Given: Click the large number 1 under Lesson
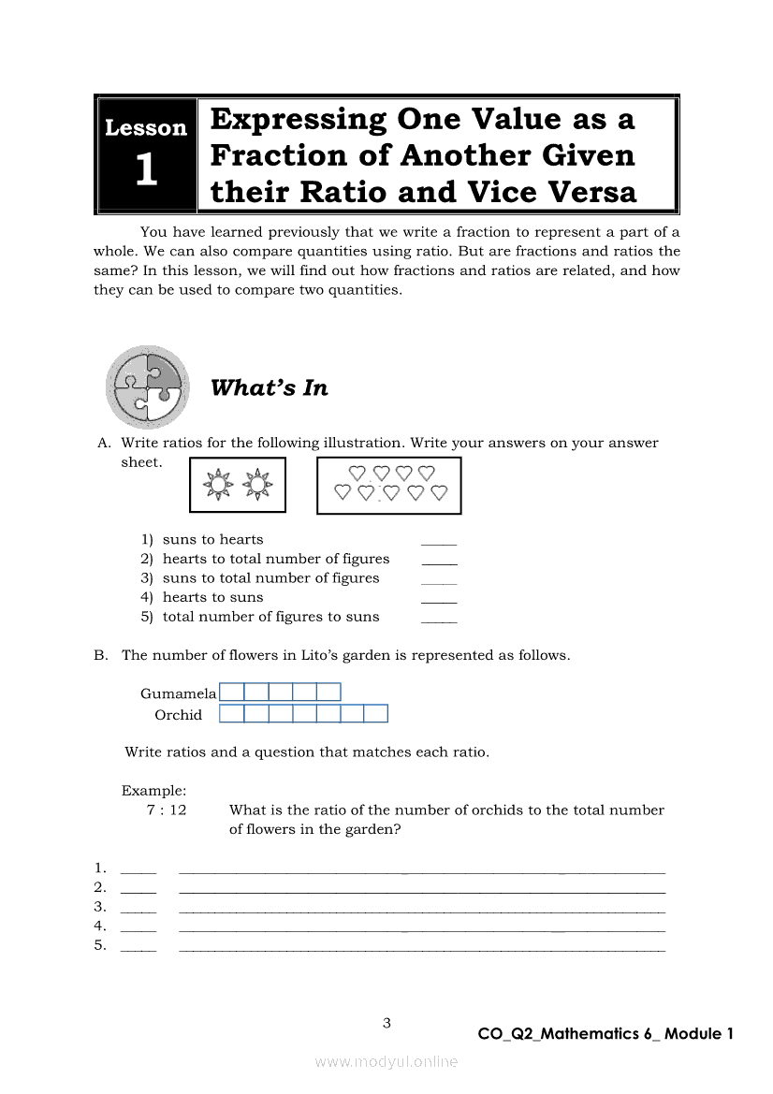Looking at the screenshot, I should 146,171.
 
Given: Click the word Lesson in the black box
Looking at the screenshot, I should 146,128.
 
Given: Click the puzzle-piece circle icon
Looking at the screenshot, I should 148,387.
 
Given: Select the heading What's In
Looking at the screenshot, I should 270,388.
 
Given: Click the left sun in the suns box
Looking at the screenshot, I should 218,485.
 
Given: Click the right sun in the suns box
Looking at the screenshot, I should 255,485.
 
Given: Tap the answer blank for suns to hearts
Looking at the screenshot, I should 439,542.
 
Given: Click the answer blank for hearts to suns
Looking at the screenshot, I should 439,600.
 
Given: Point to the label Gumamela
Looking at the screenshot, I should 178,693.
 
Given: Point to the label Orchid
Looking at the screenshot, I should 178,715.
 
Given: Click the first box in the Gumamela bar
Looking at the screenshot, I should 232,693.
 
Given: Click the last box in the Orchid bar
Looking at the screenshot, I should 375,714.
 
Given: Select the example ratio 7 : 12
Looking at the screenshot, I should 167,810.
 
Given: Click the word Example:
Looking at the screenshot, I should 153,791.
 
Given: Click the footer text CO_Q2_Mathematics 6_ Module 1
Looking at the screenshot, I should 605,1034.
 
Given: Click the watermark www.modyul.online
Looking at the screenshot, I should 386,1062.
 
